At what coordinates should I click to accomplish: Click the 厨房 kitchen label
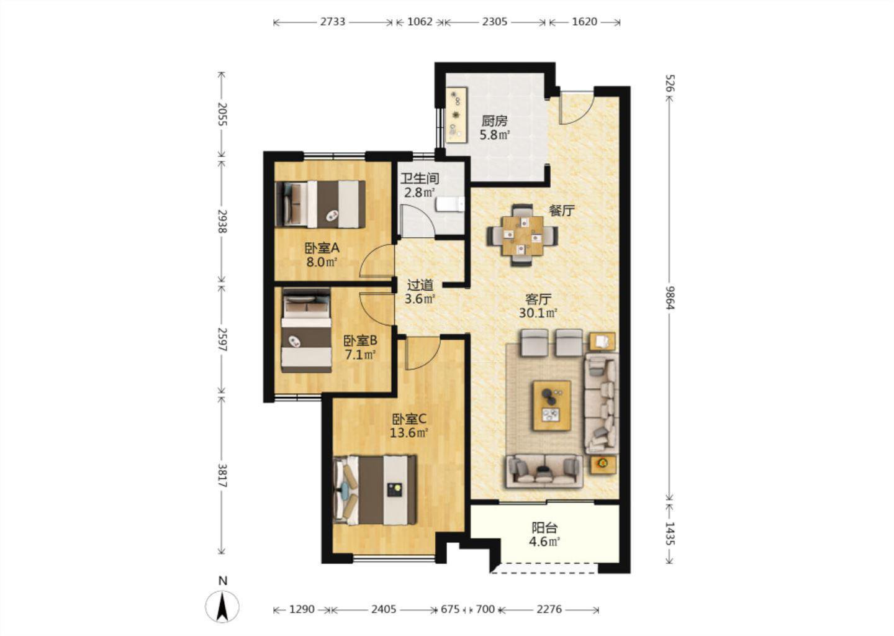494,120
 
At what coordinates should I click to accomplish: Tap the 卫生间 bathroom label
420,178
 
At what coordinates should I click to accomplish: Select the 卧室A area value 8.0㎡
322,262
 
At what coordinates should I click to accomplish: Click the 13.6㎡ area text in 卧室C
409,433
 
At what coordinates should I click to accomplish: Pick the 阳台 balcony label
544,528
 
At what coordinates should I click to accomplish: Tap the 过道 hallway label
420,285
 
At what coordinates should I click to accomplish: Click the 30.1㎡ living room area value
538,313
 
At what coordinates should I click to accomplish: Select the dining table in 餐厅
523,235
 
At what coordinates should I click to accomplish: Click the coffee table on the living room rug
553,406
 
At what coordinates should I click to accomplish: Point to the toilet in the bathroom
450,204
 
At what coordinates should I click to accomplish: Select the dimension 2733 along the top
333,22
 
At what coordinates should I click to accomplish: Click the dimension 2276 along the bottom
549,609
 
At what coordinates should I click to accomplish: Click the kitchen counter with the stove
456,116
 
